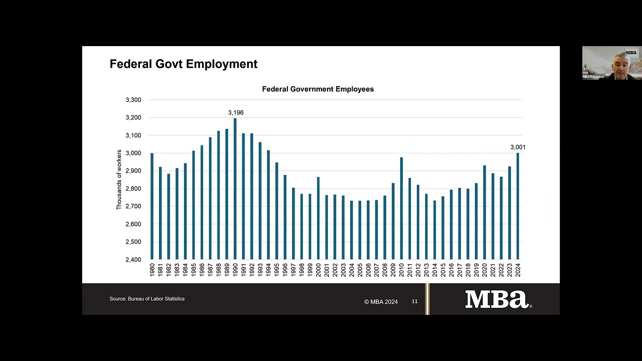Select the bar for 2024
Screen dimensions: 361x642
point(518,206)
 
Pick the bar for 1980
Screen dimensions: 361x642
point(152,206)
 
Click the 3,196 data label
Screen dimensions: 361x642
point(236,113)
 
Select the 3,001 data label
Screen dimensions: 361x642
point(518,147)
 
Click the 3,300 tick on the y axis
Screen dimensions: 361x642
point(133,100)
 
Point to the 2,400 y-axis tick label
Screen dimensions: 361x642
point(133,260)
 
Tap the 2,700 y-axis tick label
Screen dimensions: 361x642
point(133,206)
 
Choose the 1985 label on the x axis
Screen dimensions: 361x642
point(194,270)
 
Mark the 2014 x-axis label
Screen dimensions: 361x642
point(435,270)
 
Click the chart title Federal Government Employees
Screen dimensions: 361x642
point(317,89)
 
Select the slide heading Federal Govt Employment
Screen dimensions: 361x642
point(184,64)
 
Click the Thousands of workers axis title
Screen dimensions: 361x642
point(119,179)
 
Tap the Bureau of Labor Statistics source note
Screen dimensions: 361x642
point(147,299)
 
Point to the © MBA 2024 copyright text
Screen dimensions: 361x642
point(381,302)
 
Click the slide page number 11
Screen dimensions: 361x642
point(414,301)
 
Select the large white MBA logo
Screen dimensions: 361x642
point(497,299)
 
